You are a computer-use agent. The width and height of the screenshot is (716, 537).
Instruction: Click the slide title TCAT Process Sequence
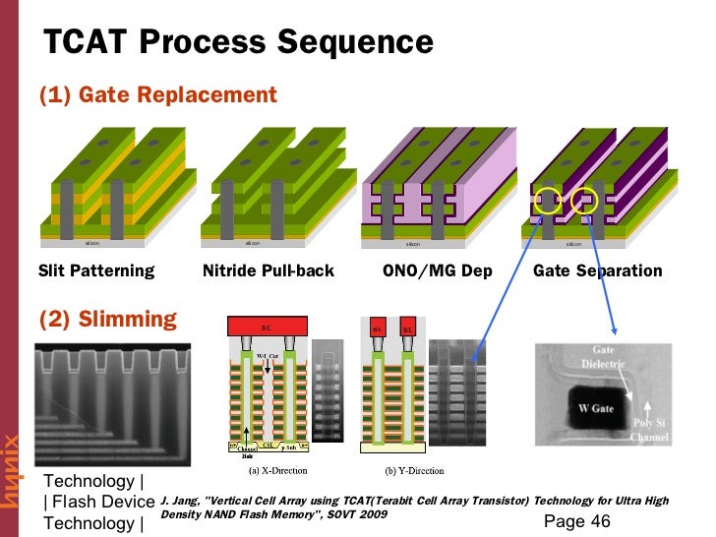(x=239, y=42)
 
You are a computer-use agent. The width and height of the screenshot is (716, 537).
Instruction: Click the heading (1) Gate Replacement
(x=157, y=95)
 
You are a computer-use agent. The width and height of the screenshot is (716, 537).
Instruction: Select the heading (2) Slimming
(x=107, y=319)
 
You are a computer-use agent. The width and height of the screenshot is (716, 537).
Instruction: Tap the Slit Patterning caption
(x=96, y=270)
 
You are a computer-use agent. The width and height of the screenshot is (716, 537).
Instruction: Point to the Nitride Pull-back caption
(x=268, y=270)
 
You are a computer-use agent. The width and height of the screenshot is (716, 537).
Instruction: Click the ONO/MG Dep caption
(x=437, y=270)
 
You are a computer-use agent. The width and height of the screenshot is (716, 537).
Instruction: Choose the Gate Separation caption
(x=597, y=270)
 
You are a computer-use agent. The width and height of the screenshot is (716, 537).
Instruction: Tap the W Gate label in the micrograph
(x=597, y=407)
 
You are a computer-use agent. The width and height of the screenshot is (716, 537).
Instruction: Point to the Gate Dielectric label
(x=617, y=357)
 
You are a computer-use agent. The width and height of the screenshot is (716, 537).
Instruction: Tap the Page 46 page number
(x=576, y=520)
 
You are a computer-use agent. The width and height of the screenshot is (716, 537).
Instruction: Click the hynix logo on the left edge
(x=12, y=471)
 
